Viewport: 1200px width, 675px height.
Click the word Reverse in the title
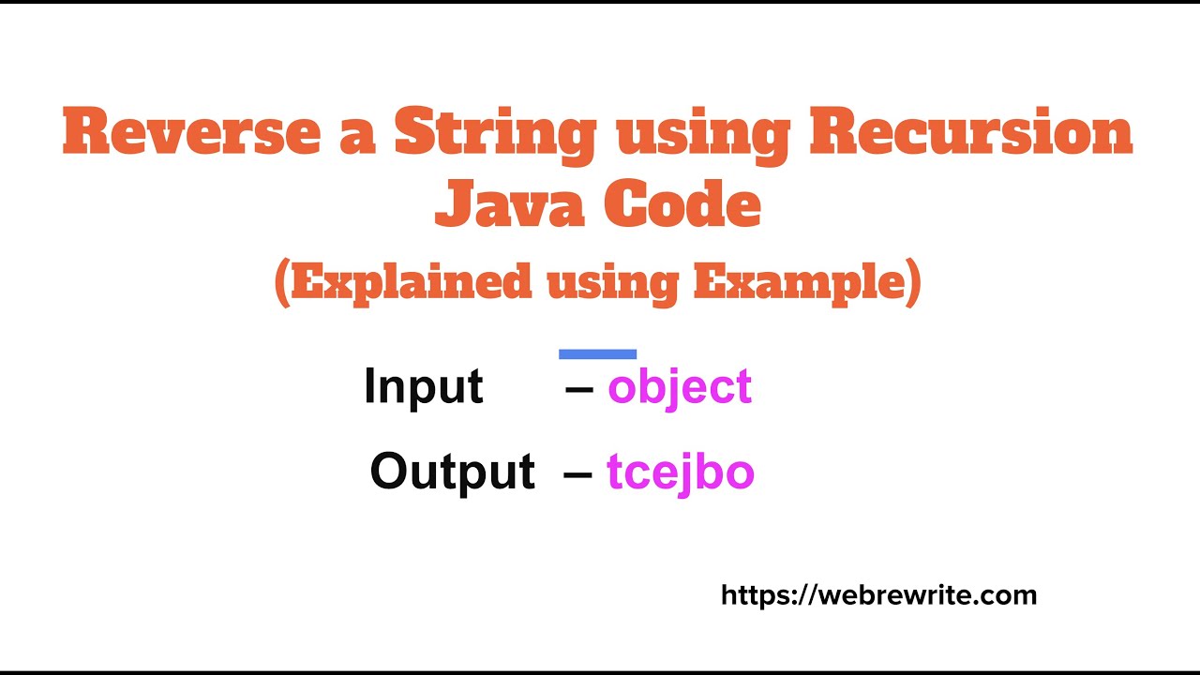(x=189, y=133)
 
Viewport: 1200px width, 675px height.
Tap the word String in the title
(x=495, y=133)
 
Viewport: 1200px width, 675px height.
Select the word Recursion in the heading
(x=970, y=133)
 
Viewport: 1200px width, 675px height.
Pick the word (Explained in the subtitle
(x=402, y=281)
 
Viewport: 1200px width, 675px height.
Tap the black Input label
(x=423, y=386)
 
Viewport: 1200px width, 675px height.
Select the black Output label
(x=452, y=471)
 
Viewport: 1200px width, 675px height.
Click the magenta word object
(x=680, y=386)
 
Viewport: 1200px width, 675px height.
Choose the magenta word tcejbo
(x=680, y=472)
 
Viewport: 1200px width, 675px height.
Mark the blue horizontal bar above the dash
(x=597, y=354)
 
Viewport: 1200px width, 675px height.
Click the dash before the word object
(x=579, y=388)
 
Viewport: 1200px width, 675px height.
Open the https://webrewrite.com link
(x=878, y=594)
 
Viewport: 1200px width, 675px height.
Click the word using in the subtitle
(x=611, y=281)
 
